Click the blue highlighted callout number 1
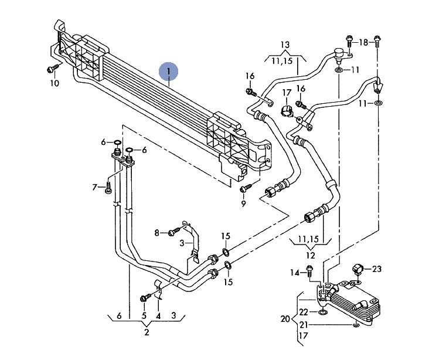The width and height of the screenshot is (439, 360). (x=169, y=72)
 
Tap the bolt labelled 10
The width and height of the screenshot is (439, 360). (x=53, y=68)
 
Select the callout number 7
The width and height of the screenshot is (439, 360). (x=94, y=187)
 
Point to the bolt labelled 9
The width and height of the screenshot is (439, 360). (x=246, y=188)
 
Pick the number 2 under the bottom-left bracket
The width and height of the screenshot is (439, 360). (x=147, y=332)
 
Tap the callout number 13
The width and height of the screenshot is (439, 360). (x=285, y=45)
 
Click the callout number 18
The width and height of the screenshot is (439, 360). (x=363, y=42)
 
